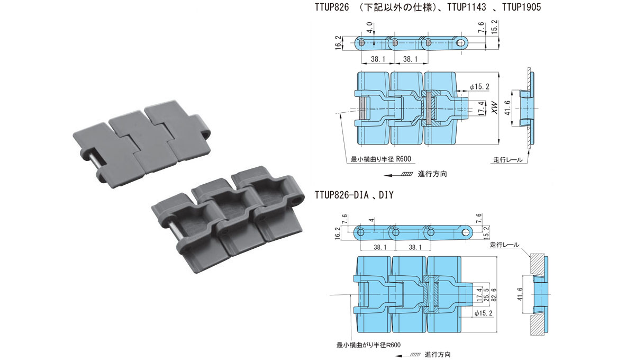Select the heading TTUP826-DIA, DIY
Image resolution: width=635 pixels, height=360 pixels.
point(353,195)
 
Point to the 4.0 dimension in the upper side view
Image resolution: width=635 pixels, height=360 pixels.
point(370,27)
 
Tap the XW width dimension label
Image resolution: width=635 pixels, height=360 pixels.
point(494,109)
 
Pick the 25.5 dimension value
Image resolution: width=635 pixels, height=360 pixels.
point(486,294)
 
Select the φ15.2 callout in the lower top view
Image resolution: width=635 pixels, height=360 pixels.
point(484,313)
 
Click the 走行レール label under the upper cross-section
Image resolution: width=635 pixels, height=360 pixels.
point(507,159)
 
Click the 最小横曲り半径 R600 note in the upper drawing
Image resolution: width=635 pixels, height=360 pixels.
point(380,159)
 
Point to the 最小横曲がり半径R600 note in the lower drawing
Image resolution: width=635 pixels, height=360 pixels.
point(368,345)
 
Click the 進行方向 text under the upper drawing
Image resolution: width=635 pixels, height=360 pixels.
point(432,174)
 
